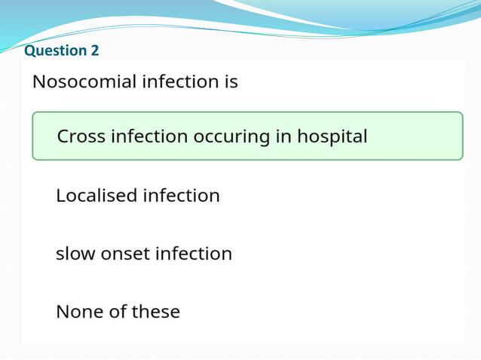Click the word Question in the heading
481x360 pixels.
click(x=55, y=50)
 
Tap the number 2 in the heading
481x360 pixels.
click(x=93, y=50)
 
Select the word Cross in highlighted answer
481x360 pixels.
click(x=81, y=137)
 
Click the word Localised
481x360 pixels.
click(x=97, y=196)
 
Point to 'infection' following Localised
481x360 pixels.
click(x=182, y=196)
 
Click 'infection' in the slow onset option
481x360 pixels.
click(x=194, y=254)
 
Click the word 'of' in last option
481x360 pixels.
click(x=118, y=311)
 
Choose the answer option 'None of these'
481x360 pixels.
click(x=118, y=311)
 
